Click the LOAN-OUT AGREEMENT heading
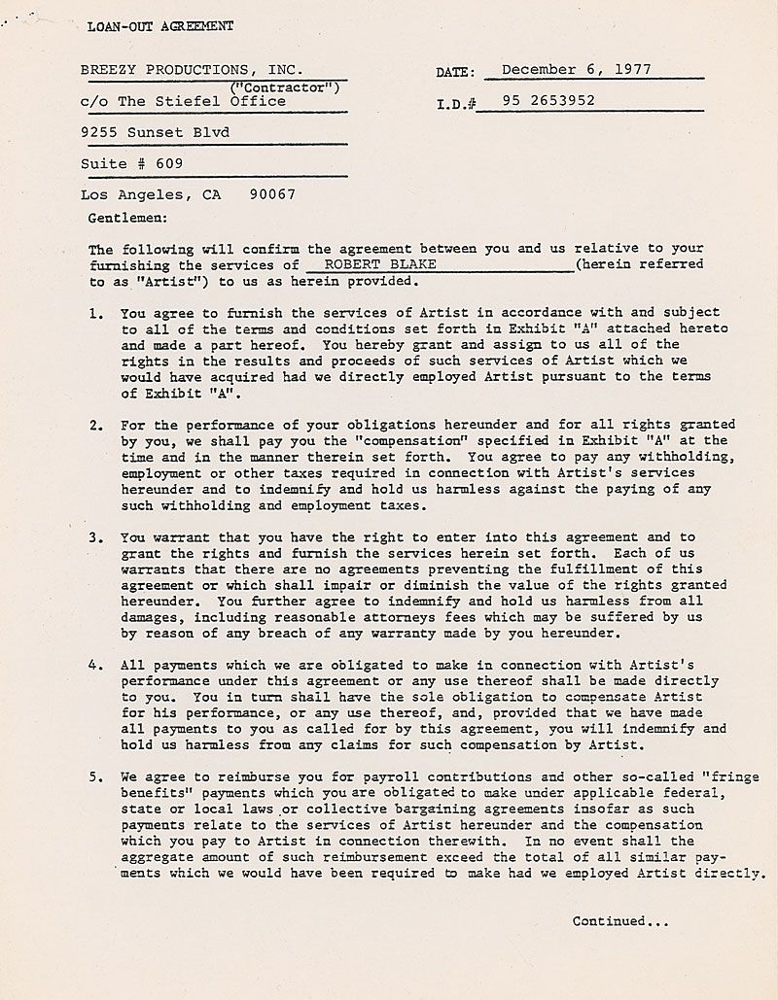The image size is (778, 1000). point(160,26)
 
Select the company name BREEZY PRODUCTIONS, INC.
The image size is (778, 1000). point(192,70)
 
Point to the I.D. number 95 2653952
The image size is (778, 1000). point(548,100)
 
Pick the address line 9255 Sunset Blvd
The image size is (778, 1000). point(155,132)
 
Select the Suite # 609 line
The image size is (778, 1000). point(131,163)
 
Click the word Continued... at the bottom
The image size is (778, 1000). point(620,920)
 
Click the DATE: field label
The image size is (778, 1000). point(456,72)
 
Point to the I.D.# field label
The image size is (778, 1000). point(456,102)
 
